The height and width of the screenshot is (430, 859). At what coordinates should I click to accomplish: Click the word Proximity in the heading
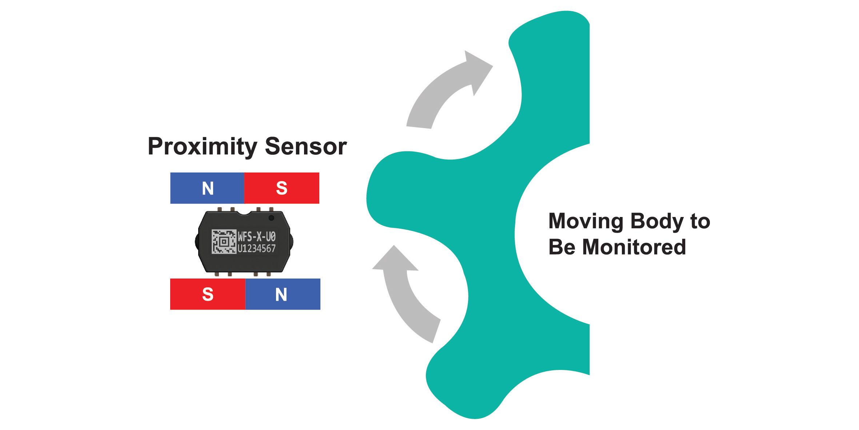(x=203, y=147)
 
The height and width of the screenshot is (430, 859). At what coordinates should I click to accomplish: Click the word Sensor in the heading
(x=305, y=147)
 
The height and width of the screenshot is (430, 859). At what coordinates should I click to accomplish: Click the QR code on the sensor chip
(x=224, y=241)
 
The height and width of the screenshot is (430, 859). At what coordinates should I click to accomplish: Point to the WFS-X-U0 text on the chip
(x=257, y=237)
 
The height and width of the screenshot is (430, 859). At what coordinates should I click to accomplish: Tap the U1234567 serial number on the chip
(x=257, y=249)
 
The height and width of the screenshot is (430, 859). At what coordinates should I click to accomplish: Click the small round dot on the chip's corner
(x=271, y=218)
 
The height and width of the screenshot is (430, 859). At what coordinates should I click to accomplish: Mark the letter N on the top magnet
(x=208, y=188)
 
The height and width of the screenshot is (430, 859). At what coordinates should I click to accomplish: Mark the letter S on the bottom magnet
(x=208, y=294)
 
